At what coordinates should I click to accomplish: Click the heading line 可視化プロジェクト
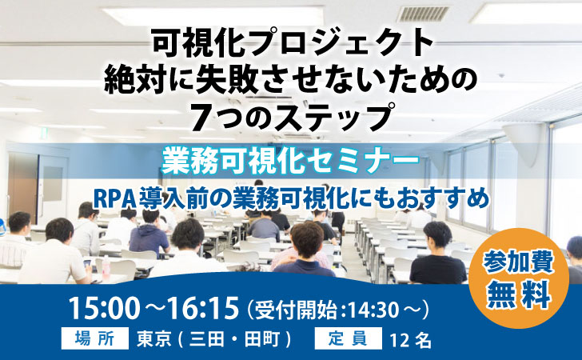[293, 43]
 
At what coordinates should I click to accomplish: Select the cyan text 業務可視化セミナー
[291, 161]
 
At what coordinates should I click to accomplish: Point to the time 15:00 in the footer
[104, 308]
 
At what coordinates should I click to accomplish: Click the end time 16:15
[203, 308]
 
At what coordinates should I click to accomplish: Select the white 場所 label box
[95, 338]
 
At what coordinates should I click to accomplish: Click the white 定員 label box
[348, 338]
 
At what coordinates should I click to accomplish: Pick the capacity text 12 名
[411, 339]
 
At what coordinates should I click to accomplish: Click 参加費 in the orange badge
[519, 263]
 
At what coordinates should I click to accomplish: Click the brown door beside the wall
[22, 187]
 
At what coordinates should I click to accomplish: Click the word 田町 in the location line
[261, 339]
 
